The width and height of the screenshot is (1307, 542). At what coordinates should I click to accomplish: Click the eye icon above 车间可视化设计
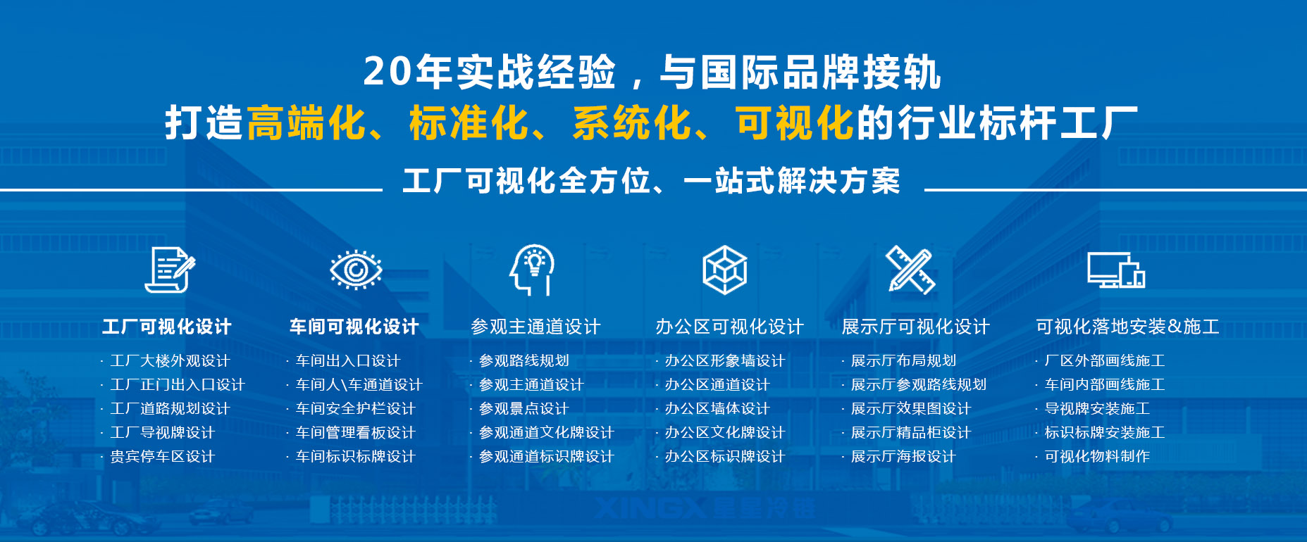pyautogui.click(x=356, y=270)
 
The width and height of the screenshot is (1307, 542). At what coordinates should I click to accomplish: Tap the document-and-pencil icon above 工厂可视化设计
pyautogui.click(x=170, y=270)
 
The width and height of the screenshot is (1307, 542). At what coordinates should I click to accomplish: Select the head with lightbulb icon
pyautogui.click(x=533, y=270)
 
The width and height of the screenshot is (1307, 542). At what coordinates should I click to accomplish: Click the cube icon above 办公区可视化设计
pyautogui.click(x=724, y=270)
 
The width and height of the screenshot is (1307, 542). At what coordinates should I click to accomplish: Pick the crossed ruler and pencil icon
pyautogui.click(x=910, y=270)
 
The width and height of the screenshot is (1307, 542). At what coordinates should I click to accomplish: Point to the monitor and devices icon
pyautogui.click(x=1116, y=270)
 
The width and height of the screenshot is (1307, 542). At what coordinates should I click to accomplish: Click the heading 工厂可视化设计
pyautogui.click(x=167, y=327)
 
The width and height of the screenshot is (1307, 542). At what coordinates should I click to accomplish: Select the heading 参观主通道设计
pyautogui.click(x=535, y=327)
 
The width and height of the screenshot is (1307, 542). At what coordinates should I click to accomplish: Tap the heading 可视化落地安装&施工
pyautogui.click(x=1127, y=327)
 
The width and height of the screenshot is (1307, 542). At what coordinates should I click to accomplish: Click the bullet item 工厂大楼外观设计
pyautogui.click(x=171, y=361)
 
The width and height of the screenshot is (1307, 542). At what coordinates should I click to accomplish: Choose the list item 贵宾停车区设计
pyautogui.click(x=163, y=457)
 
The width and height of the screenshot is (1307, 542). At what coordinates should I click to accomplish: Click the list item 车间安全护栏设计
pyautogui.click(x=356, y=409)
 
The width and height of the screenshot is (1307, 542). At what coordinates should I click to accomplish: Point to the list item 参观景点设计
pyautogui.click(x=524, y=409)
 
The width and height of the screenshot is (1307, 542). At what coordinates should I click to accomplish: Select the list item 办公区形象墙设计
pyautogui.click(x=725, y=361)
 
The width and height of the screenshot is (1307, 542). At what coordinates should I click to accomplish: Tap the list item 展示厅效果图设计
pyautogui.click(x=911, y=409)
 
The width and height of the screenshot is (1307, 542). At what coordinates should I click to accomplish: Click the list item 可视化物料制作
pyautogui.click(x=1097, y=457)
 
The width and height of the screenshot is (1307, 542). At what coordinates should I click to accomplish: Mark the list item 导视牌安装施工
pyautogui.click(x=1097, y=409)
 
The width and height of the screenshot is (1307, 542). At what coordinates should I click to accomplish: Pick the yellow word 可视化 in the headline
pyautogui.click(x=795, y=123)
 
